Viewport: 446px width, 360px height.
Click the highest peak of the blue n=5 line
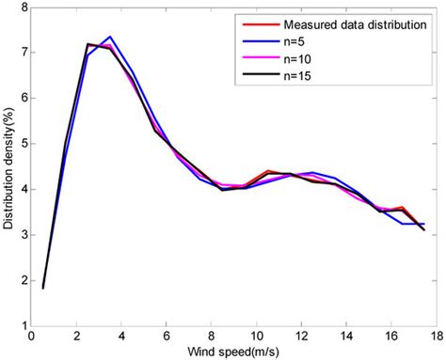tap(109, 37)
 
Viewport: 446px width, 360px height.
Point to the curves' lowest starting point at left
tap(43, 288)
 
